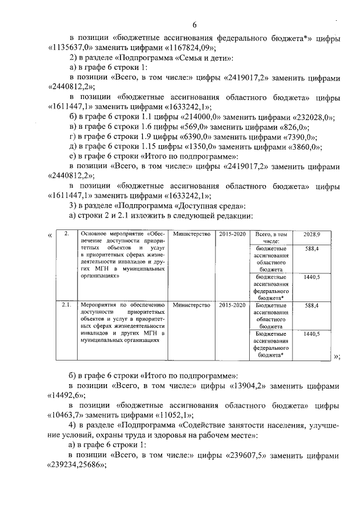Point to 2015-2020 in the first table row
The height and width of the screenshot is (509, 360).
[232, 234]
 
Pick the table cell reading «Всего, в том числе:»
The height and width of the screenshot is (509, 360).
[271, 237]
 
